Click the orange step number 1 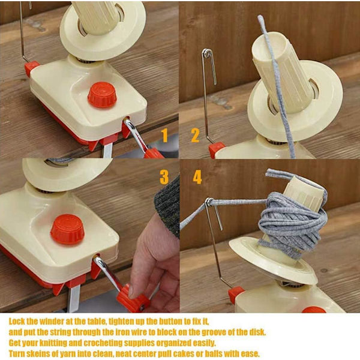pyautogui.click(x=164, y=135)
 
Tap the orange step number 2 pyautogui.click(x=195, y=135)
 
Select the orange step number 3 pyautogui.click(x=164, y=177)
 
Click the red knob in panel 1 pyautogui.click(x=102, y=95)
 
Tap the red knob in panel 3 pyautogui.click(x=67, y=229)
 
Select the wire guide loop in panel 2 pyautogui.click(x=208, y=54)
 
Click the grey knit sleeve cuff pyautogui.click(x=167, y=206)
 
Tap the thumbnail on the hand pyautogui.click(x=133, y=292)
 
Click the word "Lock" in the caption pyautogui.click(x=17, y=321)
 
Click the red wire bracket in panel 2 pyautogui.click(x=217, y=149)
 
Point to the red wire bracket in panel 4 pyautogui.click(x=236, y=295)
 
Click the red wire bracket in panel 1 pyautogui.click(x=32, y=68)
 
